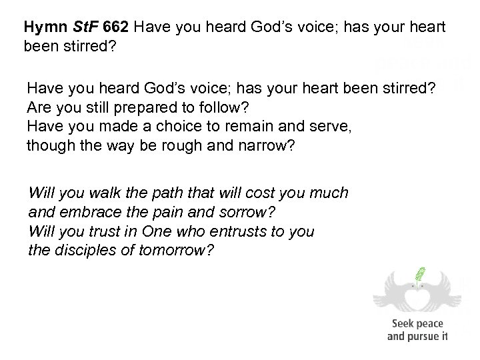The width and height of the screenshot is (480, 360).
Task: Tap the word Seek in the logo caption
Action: click(x=402, y=324)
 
